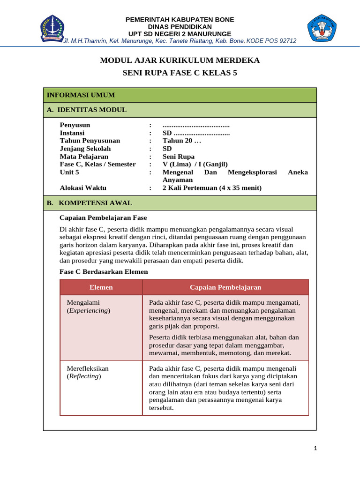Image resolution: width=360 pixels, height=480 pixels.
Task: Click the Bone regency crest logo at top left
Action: pyautogui.click(x=52, y=28)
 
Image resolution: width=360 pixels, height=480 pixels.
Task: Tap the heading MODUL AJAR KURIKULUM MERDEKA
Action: pyautogui.click(x=180, y=60)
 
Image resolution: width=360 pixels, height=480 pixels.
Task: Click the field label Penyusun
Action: pyautogui.click(x=75, y=125)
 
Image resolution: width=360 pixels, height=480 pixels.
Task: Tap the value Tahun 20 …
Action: pyautogui.click(x=181, y=141)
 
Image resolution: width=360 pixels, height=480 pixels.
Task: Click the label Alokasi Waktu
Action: pyautogui.click(x=83, y=188)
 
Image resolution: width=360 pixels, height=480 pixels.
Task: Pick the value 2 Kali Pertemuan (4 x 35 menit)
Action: pyautogui.click(x=212, y=188)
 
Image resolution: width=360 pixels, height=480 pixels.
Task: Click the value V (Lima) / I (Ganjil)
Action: pyautogui.click(x=195, y=164)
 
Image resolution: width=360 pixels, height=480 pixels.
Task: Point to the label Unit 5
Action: pyautogui.click(x=69, y=172)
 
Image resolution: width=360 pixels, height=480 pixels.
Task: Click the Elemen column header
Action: pyautogui.click(x=101, y=287)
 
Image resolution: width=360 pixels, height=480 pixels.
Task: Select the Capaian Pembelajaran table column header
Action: pyautogui.click(x=225, y=287)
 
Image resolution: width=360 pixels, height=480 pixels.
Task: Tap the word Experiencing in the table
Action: pyautogui.click(x=89, y=311)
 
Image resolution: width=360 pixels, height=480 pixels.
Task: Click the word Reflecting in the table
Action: pyautogui.click(x=84, y=376)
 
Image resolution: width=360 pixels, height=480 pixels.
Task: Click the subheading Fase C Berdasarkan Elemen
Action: pyautogui.click(x=104, y=271)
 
